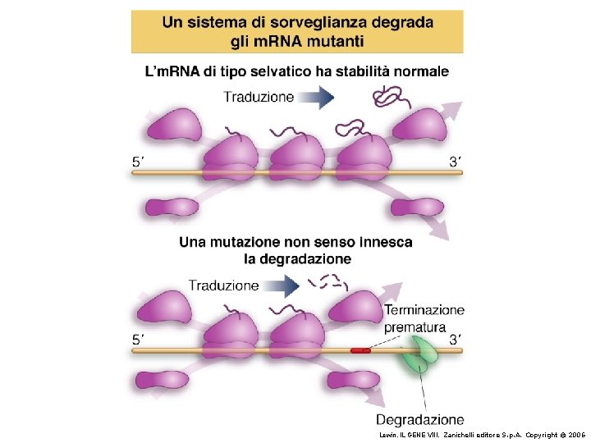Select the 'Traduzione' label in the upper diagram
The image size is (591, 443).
[259, 97]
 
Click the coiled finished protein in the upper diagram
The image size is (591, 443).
[385, 98]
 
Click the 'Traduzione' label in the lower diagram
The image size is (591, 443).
[224, 285]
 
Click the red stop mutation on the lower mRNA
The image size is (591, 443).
[360, 350]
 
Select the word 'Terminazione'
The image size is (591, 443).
[424, 310]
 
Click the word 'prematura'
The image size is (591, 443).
[415, 327]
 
